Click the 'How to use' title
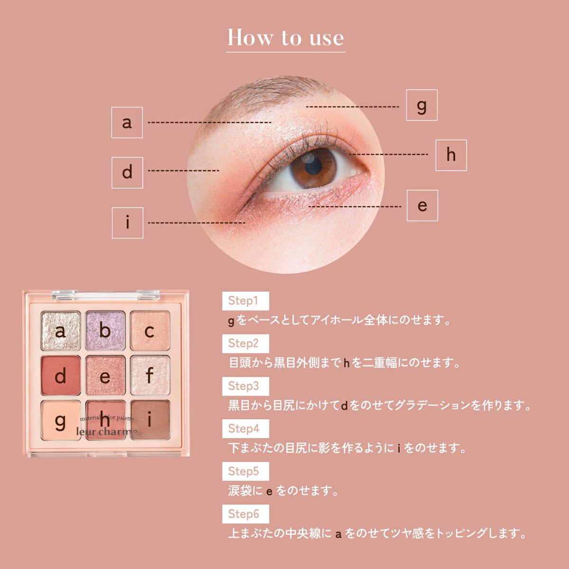pos(285,38)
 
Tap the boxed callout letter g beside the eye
pos(422,105)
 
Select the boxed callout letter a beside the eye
pos(127,122)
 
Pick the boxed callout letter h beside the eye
pos(451,155)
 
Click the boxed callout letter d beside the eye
pos(127,173)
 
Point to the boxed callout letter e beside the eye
pos(422,205)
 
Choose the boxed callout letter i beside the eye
pos(128,223)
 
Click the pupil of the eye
pos(313,167)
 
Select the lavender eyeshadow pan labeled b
pos(105,330)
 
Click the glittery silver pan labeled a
pos(61,330)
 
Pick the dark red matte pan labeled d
pos(61,375)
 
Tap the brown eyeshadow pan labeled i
pos(150,420)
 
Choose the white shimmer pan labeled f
pos(150,375)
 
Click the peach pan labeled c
pos(150,330)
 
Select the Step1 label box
pos(246,301)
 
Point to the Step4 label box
pos(246,429)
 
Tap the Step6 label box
pos(246,514)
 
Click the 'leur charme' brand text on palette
pos(107,431)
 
